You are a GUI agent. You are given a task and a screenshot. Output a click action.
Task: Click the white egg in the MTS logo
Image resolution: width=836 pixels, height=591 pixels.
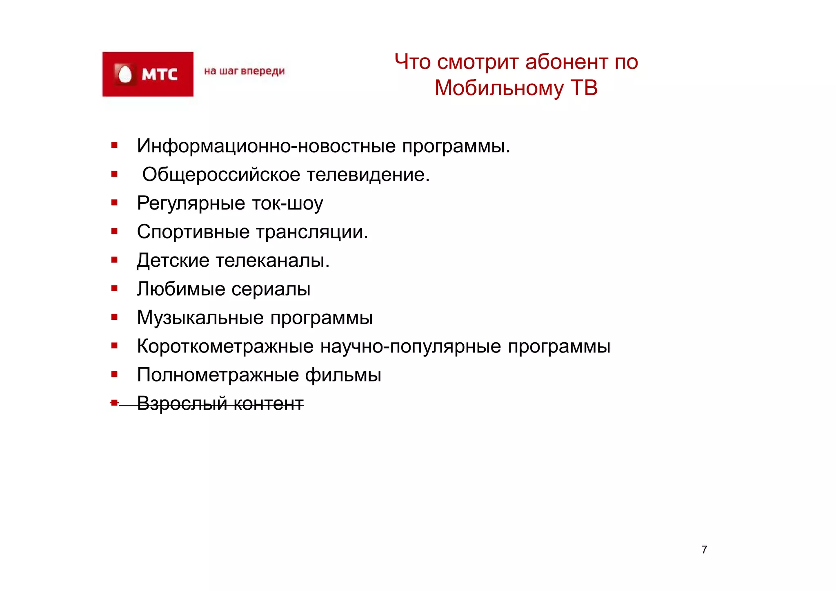(x=125, y=75)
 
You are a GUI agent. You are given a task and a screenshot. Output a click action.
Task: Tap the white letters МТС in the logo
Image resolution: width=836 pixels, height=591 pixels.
(x=159, y=75)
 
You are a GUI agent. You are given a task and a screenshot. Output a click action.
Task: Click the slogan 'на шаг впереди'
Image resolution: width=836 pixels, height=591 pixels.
(x=244, y=71)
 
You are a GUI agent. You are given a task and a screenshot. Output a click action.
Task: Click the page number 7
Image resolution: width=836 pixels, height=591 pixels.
(x=704, y=550)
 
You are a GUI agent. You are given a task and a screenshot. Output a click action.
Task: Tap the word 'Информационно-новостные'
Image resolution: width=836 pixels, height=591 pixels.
(x=266, y=146)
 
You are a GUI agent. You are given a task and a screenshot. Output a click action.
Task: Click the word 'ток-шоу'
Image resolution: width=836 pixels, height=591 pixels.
(x=287, y=203)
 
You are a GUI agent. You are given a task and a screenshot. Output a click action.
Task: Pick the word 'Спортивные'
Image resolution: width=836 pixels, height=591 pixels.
(x=193, y=232)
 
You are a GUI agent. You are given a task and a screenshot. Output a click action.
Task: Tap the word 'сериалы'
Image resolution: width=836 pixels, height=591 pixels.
(x=271, y=289)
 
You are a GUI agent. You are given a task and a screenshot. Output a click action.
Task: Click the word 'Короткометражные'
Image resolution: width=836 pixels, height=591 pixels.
(x=225, y=346)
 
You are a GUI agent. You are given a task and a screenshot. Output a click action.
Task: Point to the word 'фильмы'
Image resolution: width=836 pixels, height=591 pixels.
(x=343, y=375)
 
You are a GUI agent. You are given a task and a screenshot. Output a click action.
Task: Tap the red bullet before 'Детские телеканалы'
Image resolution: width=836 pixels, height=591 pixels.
(x=114, y=260)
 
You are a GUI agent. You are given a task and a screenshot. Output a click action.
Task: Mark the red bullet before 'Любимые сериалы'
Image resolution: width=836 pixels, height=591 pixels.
(x=114, y=288)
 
